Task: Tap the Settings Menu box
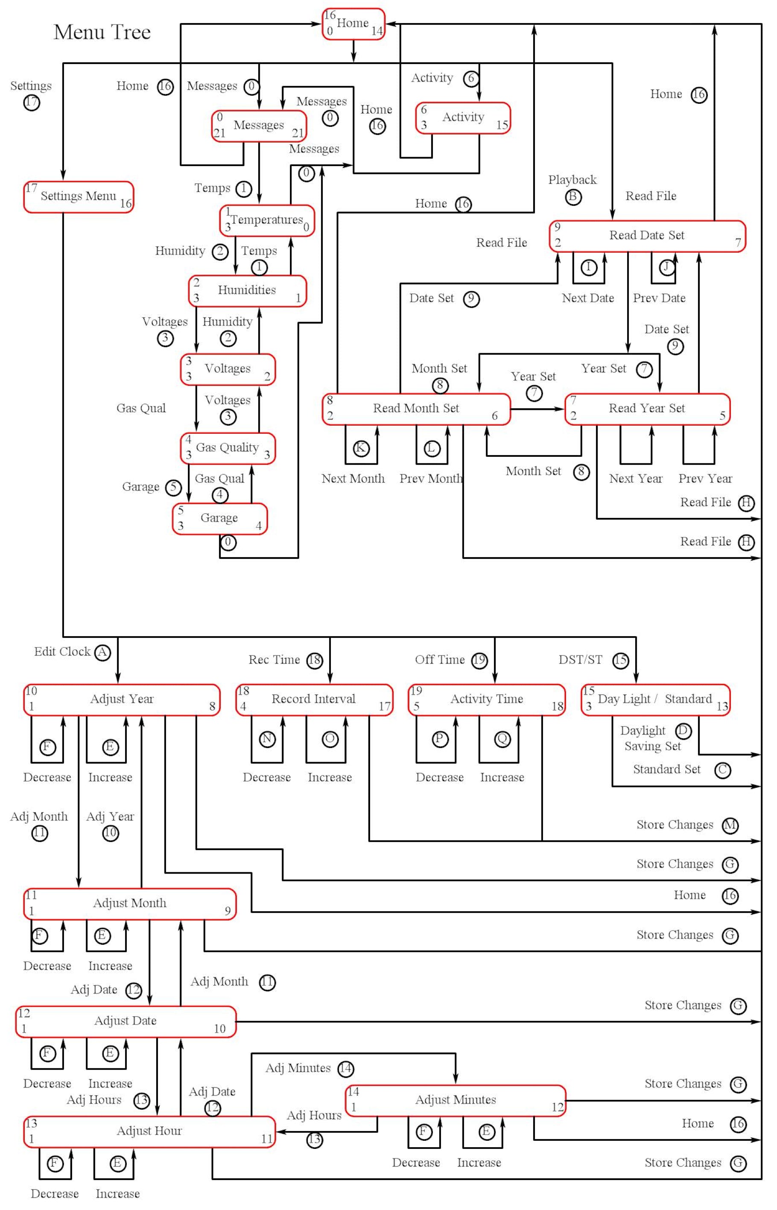coord(78,196)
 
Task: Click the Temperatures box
coord(266,220)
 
